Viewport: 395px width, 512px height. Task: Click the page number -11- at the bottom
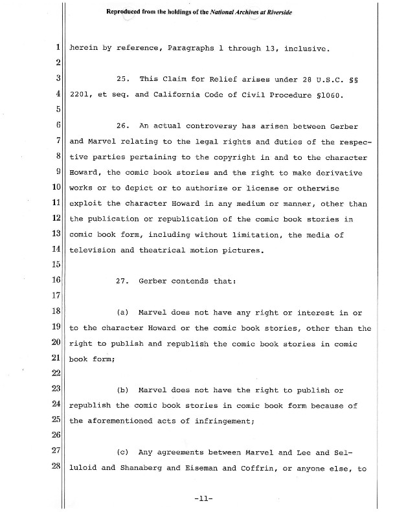click(203, 499)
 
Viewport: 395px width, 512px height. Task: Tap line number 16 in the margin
click(56, 280)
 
